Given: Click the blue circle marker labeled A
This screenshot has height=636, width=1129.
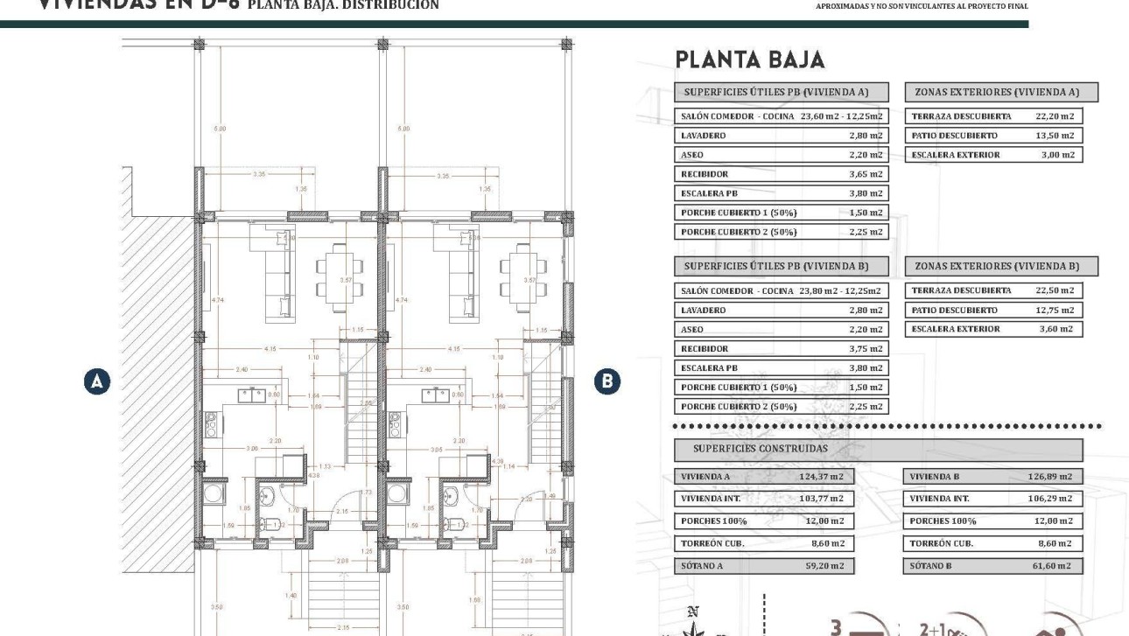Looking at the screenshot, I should [98, 381].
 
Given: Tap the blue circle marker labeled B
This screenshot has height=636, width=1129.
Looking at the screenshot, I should [607, 381].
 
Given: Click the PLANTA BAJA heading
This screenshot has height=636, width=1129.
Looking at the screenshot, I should [749, 59].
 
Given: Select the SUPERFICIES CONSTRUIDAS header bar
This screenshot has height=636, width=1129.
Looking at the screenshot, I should [878, 449].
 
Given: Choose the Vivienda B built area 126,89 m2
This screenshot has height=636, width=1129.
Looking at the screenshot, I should [1049, 477].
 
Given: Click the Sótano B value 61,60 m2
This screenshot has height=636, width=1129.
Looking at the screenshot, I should [1051, 566].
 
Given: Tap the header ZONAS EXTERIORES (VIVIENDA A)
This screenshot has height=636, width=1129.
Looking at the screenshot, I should [1000, 92].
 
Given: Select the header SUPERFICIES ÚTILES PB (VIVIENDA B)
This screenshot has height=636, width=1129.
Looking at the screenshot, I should [781, 266].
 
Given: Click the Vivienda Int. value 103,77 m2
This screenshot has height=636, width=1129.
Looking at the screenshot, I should [824, 499].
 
